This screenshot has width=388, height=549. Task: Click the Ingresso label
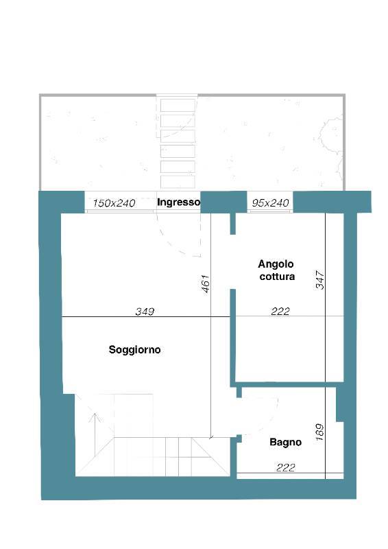(178, 202)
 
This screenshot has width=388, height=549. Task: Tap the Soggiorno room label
(134, 350)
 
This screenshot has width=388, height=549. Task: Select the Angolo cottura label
(276, 270)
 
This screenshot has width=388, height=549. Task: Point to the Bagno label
(285, 442)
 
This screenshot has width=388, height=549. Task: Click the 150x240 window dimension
(114, 203)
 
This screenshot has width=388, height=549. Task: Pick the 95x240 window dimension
(271, 203)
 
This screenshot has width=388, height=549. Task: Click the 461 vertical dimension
(206, 283)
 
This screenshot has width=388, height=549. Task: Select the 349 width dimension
(145, 312)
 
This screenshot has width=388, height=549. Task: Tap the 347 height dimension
(320, 280)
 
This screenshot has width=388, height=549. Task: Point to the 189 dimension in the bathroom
(319, 432)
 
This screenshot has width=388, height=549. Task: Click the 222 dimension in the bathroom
(285, 467)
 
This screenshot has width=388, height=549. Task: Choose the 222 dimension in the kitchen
(280, 312)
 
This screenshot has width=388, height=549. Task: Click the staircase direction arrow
(95, 434)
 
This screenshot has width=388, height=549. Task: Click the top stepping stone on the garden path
(178, 105)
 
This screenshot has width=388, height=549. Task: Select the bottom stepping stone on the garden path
(178, 182)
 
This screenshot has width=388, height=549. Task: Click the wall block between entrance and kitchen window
(223, 202)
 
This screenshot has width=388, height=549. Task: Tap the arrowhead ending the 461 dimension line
(210, 437)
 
